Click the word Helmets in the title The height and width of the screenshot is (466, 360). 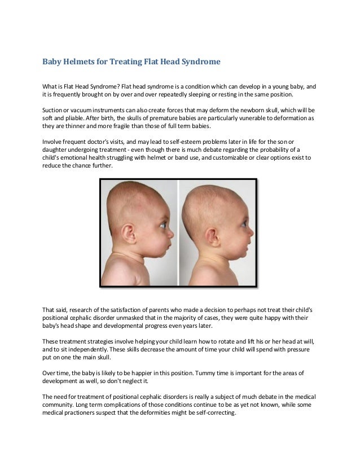pyautogui.click(x=87, y=60)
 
